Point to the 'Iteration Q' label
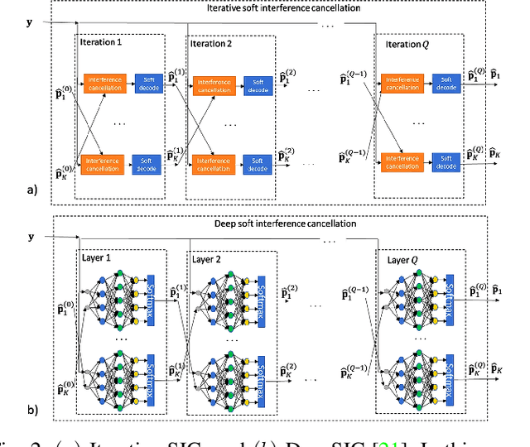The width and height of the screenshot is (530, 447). pos(402,41)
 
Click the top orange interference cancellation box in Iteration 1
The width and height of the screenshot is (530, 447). pos(104,84)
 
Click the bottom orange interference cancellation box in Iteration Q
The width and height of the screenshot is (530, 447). pos(401,161)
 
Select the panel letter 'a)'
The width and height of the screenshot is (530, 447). pos(32,190)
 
